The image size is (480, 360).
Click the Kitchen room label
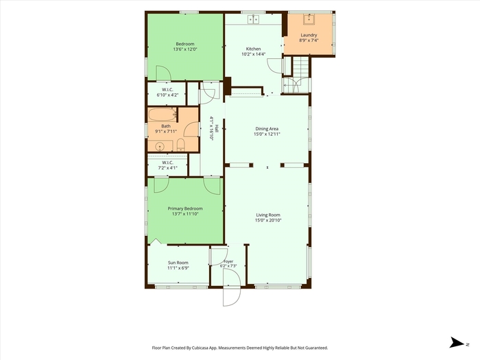[x=254, y=49]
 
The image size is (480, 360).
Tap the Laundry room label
[x=309, y=35]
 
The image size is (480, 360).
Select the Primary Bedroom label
[x=185, y=208]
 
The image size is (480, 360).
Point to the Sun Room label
[x=178, y=263]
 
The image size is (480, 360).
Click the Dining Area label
[x=267, y=129]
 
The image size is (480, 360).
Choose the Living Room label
[x=268, y=215]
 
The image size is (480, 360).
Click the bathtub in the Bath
[x=163, y=115]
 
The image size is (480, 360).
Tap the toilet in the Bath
[x=180, y=145]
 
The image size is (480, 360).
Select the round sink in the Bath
[x=160, y=147]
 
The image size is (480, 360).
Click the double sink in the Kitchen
[x=254, y=19]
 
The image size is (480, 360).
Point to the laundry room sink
[x=309, y=19]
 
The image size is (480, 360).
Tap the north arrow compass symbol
[x=457, y=343]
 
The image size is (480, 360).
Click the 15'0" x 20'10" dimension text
[x=268, y=220]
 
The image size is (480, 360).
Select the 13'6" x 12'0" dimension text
[x=185, y=49]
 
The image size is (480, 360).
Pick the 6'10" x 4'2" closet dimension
[x=167, y=95]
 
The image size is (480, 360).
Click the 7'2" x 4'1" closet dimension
[x=168, y=168]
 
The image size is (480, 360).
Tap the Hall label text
[x=217, y=128]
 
